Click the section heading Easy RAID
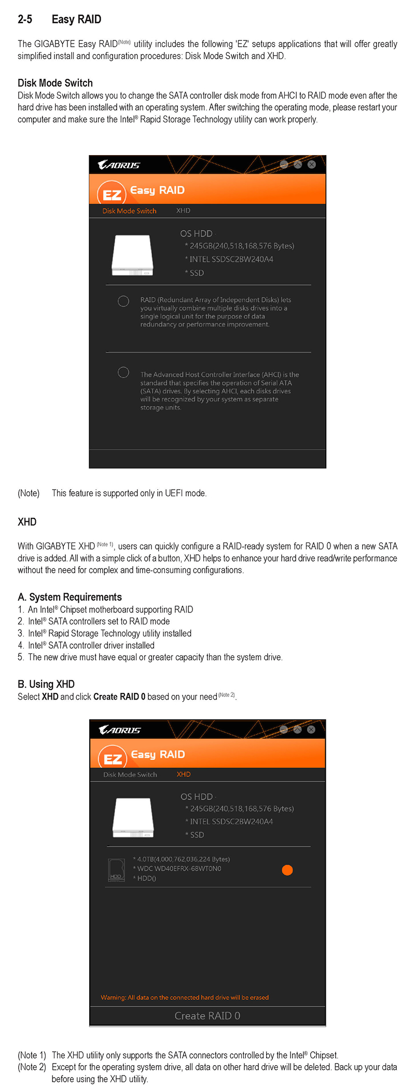point(76,20)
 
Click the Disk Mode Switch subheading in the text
point(55,83)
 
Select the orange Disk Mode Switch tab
point(129,211)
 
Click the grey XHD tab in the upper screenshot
point(183,211)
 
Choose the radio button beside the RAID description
point(123,301)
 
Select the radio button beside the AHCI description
point(123,372)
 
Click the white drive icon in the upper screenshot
point(132,255)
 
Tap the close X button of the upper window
point(311,164)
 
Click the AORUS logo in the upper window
point(119,165)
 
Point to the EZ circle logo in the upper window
point(112,193)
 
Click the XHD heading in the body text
point(27,522)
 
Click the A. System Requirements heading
point(70,597)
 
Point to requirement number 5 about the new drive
point(155,657)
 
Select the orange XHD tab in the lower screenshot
point(184,774)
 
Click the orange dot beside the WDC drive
point(287,870)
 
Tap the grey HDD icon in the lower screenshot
point(116,870)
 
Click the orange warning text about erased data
point(185,997)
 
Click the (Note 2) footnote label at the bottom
point(32,1067)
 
